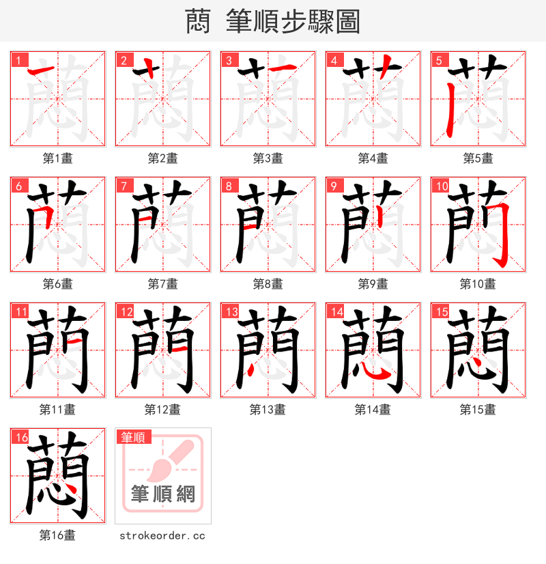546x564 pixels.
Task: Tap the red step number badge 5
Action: (438, 59)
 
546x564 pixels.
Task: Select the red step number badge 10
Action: (440, 185)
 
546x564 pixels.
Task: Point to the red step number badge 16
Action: (20, 436)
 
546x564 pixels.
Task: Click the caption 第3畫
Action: (268, 158)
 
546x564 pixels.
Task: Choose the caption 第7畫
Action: (162, 284)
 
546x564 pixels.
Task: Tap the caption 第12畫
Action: (162, 410)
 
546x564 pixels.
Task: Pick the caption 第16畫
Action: (57, 535)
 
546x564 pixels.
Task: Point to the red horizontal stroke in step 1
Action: (42, 70)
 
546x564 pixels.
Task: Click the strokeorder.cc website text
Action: (162, 536)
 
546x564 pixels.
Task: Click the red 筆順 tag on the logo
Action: (133, 437)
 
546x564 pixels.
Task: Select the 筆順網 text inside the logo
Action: (162, 494)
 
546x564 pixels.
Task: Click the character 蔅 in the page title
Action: (198, 22)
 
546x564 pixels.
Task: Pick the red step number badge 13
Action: (230, 311)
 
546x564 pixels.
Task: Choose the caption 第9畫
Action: (373, 284)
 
